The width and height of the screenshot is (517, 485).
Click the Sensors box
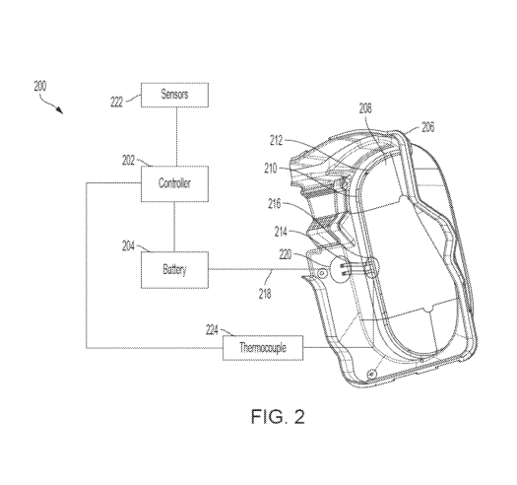coord(174,95)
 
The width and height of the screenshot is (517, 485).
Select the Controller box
coord(174,183)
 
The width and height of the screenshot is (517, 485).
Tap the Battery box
coord(174,270)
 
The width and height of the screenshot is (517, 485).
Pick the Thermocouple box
coord(263,348)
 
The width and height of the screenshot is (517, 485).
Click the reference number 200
coord(40,86)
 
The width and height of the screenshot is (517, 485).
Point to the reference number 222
coord(116,102)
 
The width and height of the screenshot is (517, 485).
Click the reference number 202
coord(128,161)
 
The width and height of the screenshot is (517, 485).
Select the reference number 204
coord(128,246)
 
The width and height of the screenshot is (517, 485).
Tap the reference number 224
coord(212,330)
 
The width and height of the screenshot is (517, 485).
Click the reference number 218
coord(265,294)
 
